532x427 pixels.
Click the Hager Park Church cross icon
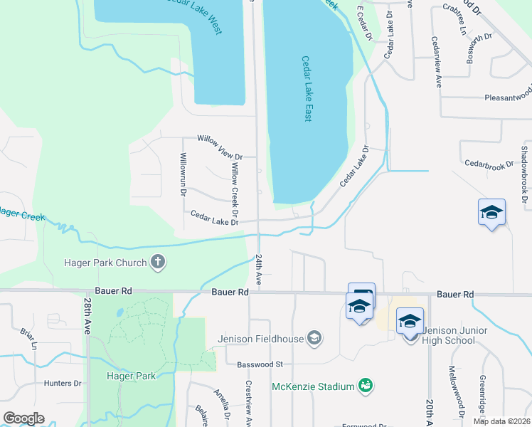(x=159, y=263)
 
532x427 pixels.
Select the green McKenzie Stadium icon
(x=366, y=386)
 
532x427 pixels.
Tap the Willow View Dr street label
(x=220, y=157)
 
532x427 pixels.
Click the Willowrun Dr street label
(x=183, y=174)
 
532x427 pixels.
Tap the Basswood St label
(x=260, y=364)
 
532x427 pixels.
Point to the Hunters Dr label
(x=63, y=383)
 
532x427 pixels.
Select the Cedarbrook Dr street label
(x=489, y=164)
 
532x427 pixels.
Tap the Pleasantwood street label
(x=508, y=97)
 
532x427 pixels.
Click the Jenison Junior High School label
(x=447, y=335)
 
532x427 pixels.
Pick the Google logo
(x=23, y=418)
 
